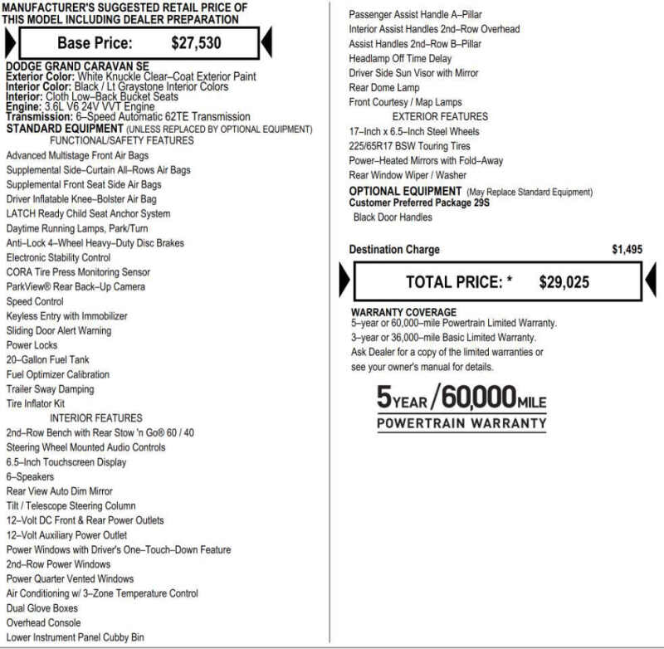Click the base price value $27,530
[196, 43]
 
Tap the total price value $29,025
[564, 282]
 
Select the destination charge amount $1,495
[627, 249]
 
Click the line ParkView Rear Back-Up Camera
[76, 286]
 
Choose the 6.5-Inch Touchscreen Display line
[66, 462]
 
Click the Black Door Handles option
[393, 217]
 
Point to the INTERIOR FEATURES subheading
[95, 418]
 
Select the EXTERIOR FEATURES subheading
[440, 117]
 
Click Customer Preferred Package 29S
[418, 203]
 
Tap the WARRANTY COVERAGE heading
[403, 312]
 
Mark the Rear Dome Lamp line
[384, 88]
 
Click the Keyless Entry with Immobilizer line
[66, 315]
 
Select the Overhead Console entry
[43, 622]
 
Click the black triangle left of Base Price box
[10, 42]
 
